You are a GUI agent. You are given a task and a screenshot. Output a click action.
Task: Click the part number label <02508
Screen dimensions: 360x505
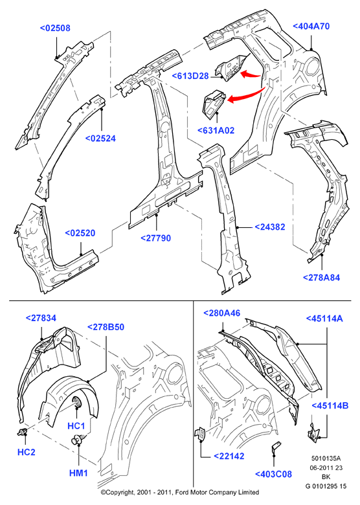(55, 28)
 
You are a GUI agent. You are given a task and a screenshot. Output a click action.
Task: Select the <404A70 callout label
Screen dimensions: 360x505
(311, 26)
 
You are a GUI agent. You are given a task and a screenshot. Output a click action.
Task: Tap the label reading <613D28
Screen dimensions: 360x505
(190, 76)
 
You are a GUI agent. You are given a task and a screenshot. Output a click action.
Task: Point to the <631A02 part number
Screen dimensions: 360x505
(216, 130)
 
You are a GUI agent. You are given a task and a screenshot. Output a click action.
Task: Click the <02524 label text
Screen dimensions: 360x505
(100, 138)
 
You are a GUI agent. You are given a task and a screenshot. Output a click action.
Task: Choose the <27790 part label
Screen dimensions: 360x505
(156, 238)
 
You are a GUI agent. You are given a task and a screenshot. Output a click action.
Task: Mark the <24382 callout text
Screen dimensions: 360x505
(270, 227)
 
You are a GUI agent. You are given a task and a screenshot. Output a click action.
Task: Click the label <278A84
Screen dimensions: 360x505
(321, 277)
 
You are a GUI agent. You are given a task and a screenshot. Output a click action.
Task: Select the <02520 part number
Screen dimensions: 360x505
(80, 233)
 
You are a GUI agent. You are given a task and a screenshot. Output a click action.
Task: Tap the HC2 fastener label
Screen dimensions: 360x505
(26, 452)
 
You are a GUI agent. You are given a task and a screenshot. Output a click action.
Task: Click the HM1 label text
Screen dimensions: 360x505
(78, 473)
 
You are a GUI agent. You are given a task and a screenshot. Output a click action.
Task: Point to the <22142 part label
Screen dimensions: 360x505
(229, 456)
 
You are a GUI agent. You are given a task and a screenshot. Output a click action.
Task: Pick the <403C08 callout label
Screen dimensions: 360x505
(273, 474)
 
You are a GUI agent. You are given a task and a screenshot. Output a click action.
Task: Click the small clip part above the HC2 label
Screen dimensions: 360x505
(22, 432)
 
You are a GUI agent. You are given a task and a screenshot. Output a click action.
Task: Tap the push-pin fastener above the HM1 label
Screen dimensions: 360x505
(78, 439)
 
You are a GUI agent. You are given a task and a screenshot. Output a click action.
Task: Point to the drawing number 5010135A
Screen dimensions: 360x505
(326, 458)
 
